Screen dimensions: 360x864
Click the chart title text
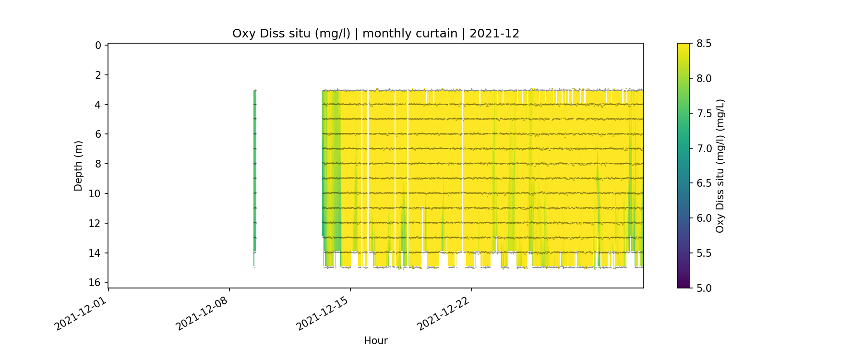click(376, 34)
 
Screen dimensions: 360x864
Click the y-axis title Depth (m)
click(78, 166)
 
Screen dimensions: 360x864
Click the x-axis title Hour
click(376, 341)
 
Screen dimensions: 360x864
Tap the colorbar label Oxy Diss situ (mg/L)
click(720, 166)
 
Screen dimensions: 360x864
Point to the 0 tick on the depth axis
click(98, 45)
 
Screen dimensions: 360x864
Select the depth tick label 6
click(98, 134)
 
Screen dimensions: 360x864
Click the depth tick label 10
click(96, 193)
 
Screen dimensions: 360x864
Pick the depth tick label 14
click(96, 253)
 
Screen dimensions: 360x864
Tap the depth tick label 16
click(96, 282)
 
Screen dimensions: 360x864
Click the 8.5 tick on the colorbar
click(704, 44)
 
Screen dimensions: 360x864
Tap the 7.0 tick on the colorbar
click(704, 148)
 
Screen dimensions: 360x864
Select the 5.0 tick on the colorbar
click(704, 288)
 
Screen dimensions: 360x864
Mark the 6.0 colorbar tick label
click(704, 218)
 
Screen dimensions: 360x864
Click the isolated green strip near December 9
click(254, 168)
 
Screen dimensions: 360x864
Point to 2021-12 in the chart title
click(494, 34)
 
